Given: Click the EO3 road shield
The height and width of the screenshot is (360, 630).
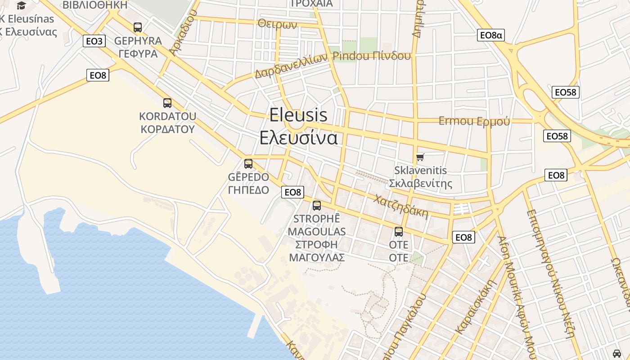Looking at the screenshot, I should coord(94,41).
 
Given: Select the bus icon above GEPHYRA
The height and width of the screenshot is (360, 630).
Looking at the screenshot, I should coord(138,27).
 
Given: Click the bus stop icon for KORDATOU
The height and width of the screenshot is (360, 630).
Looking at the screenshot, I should coord(167,103).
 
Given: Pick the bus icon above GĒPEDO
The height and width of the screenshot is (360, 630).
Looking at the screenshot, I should coord(248,164).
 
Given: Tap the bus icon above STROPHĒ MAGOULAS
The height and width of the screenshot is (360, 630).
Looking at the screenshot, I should coord(317,206).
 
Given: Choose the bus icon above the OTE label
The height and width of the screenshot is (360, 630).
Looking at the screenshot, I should coord(399,232).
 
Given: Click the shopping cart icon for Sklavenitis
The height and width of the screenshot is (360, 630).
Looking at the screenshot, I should coord(420,157).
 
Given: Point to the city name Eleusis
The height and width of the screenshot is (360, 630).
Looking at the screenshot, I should coord(298,115).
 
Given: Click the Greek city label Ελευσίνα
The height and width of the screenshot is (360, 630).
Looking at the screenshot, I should coord(298,137).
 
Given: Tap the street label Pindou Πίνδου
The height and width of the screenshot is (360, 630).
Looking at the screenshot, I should coord(372,56).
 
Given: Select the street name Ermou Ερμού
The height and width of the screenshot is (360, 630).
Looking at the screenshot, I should coord(474,121).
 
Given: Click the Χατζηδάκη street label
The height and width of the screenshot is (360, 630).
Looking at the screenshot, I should coord(401,206).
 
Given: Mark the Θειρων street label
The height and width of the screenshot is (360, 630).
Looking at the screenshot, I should coord(278,24).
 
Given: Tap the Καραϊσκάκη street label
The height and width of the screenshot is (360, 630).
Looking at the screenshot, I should coord(476,306).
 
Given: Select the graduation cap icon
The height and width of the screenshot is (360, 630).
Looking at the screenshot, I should coord(21,5).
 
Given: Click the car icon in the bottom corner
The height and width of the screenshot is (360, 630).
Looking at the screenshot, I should coord(617,353).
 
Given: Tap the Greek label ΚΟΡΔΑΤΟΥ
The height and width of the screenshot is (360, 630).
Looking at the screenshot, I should coord(167,129).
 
